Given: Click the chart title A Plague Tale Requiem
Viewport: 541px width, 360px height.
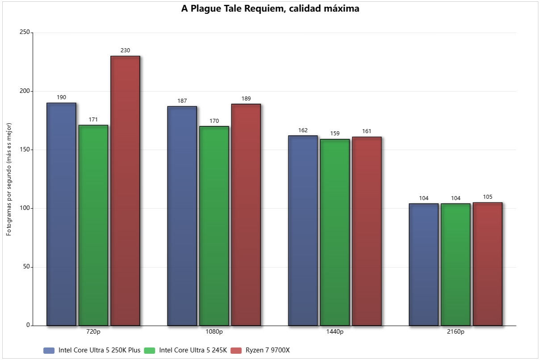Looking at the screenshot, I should [270, 8].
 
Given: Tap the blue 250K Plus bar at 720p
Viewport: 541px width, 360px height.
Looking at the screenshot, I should [61, 214].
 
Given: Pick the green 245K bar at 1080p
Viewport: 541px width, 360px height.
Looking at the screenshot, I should [214, 226].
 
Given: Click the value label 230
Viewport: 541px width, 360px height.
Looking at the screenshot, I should [125, 50].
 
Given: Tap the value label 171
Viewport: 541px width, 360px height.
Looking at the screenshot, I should [93, 120].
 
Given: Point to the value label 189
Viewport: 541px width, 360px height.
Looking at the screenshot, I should [246, 99].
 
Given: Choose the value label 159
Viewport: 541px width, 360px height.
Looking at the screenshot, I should [335, 134].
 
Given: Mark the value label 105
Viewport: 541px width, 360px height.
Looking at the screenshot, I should [487, 197].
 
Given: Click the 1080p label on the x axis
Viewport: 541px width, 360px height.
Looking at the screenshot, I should [214, 332].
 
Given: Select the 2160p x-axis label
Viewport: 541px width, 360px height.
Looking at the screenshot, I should [456, 332].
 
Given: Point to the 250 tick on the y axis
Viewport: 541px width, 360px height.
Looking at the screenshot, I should [25, 33].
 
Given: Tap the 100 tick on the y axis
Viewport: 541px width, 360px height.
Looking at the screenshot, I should [25, 209].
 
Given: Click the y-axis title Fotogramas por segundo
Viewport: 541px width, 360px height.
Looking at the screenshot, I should [9, 179].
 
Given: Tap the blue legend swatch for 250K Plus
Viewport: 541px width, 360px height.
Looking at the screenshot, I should [49, 350].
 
